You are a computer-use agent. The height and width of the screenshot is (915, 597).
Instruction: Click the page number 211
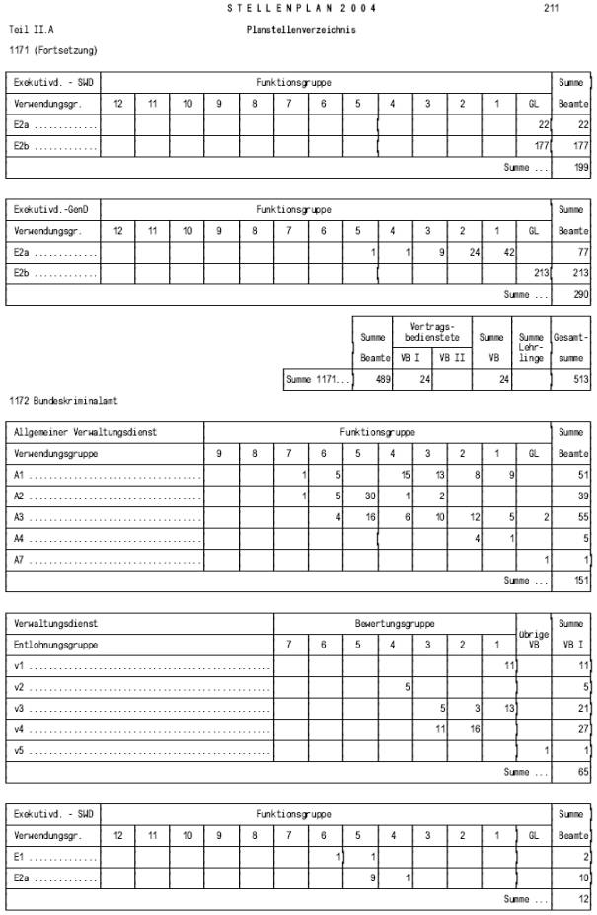tap(551, 9)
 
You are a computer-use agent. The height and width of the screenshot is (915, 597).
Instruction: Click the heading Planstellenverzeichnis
tap(301, 30)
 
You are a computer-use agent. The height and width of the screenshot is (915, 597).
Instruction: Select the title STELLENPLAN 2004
tap(301, 9)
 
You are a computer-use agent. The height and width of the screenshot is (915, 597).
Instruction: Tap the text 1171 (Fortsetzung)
tap(52, 49)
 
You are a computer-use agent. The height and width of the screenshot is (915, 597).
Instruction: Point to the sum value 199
tap(580, 168)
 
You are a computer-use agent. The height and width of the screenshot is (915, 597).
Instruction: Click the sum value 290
tap(580, 294)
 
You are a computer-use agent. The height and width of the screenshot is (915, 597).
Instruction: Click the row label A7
tap(20, 560)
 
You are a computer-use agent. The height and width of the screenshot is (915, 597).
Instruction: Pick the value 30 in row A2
tap(371, 496)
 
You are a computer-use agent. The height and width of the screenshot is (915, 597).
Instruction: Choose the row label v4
tap(20, 728)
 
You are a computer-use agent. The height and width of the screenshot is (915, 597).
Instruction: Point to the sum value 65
tap(582, 772)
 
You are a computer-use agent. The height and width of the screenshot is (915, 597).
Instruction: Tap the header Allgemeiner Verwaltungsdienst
tap(85, 432)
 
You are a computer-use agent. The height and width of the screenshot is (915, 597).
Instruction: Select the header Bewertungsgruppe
tap(395, 624)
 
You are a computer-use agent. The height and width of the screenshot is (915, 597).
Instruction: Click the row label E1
tap(21, 857)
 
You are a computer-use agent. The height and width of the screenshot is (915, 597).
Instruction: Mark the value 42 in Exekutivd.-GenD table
tap(508, 252)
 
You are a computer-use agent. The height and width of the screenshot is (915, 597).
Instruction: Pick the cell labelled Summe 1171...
tap(318, 379)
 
